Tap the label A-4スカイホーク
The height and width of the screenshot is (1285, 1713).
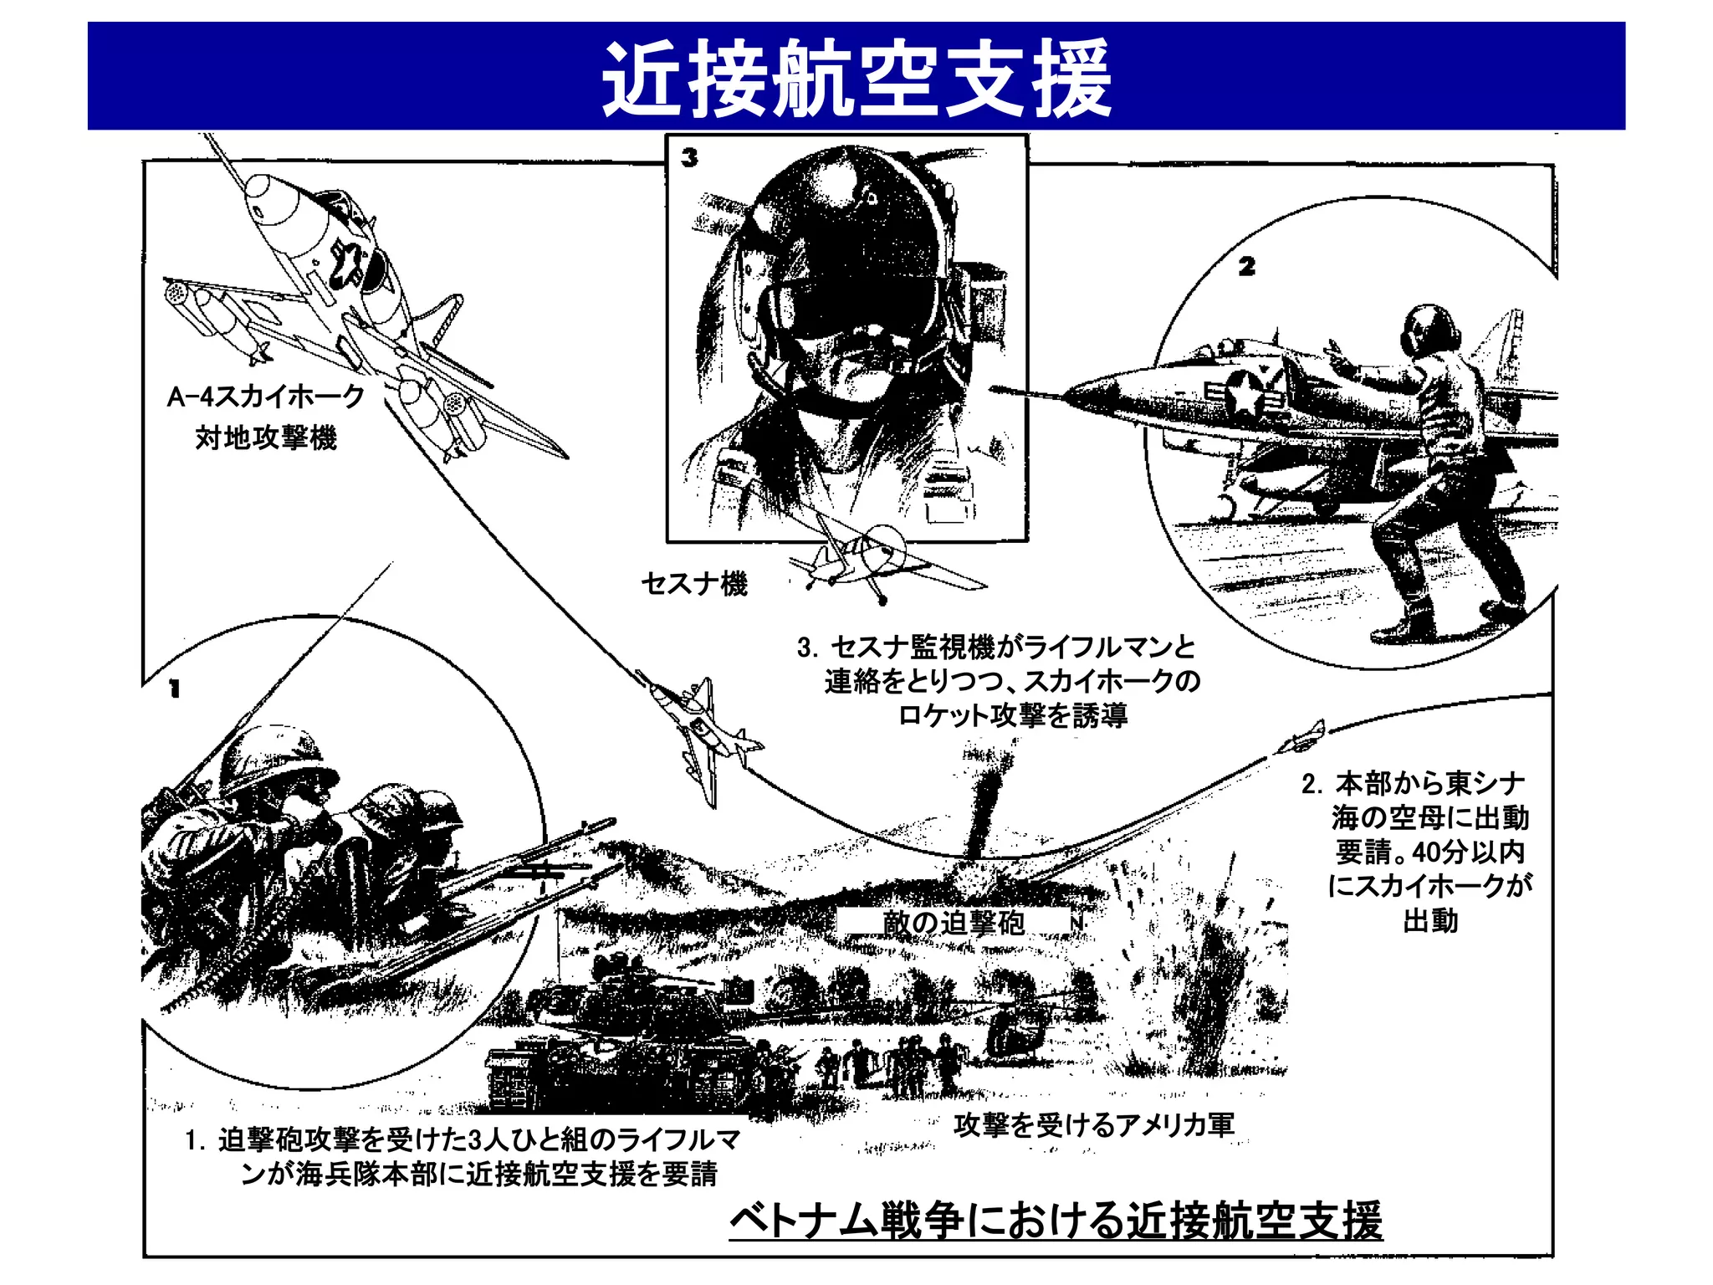pyautogui.click(x=266, y=396)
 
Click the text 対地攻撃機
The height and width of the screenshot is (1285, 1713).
pyautogui.click(x=266, y=438)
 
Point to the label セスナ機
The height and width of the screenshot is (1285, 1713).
pyautogui.click(x=693, y=583)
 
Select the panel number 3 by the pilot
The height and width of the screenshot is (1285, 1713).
pyautogui.click(x=689, y=157)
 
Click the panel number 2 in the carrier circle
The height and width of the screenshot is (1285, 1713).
pyautogui.click(x=1246, y=267)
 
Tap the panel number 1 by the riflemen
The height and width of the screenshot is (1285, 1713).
pyautogui.click(x=174, y=689)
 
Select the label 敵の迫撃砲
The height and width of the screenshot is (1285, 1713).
pyautogui.click(x=954, y=924)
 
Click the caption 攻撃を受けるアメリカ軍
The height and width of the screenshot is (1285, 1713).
pyautogui.click(x=1094, y=1125)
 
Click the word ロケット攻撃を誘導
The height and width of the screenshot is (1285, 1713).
pyautogui.click(x=1012, y=716)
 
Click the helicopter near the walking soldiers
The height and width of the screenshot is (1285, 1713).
pyautogui.click(x=1016, y=1037)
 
